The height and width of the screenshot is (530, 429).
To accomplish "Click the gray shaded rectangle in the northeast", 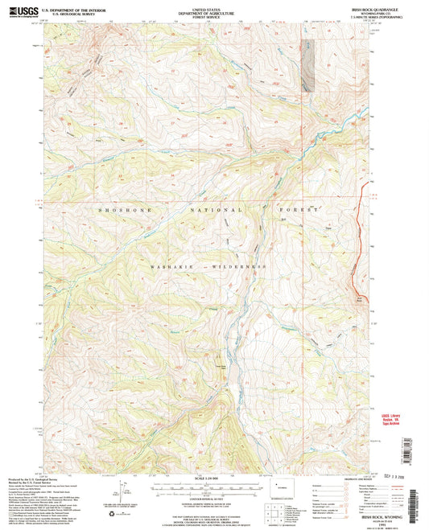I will point(307,65).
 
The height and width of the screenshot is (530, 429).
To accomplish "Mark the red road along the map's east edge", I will point(358,241).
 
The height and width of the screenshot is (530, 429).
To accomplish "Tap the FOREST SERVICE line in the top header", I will point(214,17).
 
